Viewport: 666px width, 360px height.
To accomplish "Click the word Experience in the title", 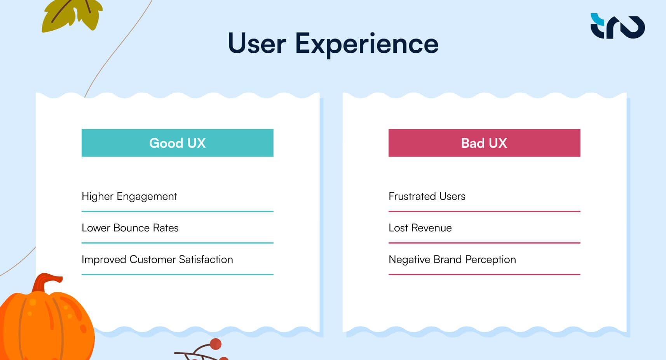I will (x=366, y=44).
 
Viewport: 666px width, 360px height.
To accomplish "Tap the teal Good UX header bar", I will (x=177, y=143).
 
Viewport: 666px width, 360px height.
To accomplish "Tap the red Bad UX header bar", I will (x=484, y=143).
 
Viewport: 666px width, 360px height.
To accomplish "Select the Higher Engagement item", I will (x=129, y=196).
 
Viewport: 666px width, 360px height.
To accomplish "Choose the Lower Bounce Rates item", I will (x=130, y=228).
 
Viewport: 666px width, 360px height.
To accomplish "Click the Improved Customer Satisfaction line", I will (x=157, y=259).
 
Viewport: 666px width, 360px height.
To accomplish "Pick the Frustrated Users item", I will (x=427, y=196).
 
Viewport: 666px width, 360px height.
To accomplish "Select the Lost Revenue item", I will (x=420, y=228).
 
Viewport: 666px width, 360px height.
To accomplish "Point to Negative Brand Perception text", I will (x=452, y=259).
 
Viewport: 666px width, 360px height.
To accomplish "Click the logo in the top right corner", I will (x=617, y=26).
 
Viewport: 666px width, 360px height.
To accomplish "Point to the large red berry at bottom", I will (x=215, y=344).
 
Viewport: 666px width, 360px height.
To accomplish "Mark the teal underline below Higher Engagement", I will (x=177, y=211).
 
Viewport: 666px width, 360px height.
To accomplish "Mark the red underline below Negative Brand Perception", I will (x=484, y=274).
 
